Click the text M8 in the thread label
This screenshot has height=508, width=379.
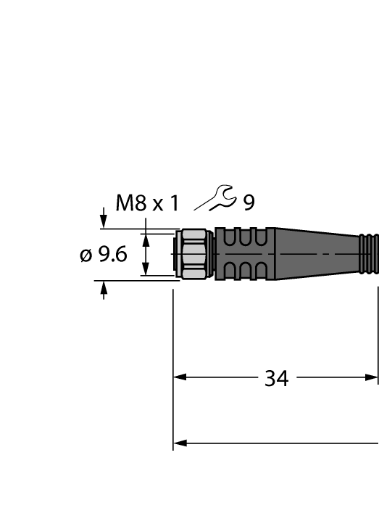[130, 203]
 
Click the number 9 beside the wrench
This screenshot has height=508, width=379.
[249, 203]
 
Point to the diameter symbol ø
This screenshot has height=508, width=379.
[85, 255]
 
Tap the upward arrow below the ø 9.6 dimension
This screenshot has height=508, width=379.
[104, 290]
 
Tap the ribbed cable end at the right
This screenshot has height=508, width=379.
[369, 254]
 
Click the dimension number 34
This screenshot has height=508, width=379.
[276, 378]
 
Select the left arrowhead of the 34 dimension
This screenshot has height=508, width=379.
[180, 377]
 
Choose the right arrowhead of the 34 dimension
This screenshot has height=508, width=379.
[372, 377]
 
